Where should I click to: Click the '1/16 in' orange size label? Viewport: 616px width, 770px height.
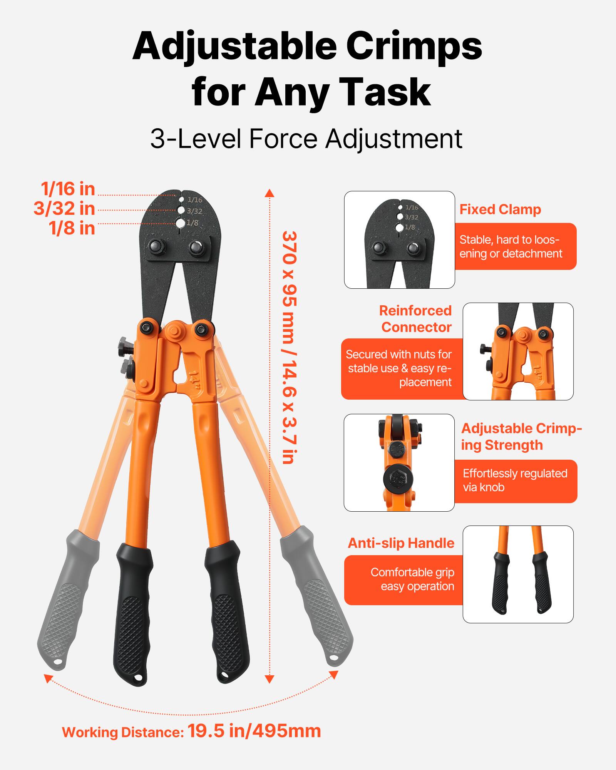[x=68, y=189]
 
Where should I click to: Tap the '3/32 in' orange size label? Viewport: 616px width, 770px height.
[x=64, y=209]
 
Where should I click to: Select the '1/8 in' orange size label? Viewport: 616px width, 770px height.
[x=72, y=228]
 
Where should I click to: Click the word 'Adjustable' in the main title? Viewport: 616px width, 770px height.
[x=234, y=46]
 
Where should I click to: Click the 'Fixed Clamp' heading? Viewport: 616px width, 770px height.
[x=500, y=209]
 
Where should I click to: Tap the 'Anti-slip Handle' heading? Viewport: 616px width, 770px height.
[x=401, y=543]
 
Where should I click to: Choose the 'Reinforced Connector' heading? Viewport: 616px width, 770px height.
[x=415, y=319]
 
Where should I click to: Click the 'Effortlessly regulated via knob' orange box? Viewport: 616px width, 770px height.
[x=516, y=480]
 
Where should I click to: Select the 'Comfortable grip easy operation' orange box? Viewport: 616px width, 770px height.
[x=403, y=579]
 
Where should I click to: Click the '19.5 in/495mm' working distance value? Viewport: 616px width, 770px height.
[x=254, y=731]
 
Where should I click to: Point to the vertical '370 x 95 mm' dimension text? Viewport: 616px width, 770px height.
[x=290, y=346]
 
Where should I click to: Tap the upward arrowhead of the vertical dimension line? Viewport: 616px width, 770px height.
[x=269, y=192]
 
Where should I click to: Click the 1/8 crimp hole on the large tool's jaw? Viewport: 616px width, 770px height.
[x=181, y=223]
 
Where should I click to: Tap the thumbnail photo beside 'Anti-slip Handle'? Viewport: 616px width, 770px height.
[x=518, y=574]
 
